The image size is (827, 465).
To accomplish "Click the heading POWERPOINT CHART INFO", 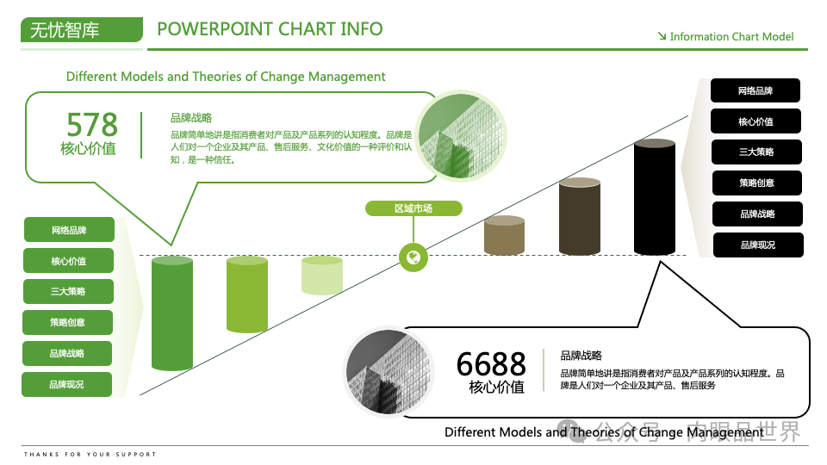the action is click(x=270, y=28).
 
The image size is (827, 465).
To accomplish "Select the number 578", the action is click(x=92, y=124).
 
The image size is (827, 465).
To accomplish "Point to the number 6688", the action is click(x=491, y=363).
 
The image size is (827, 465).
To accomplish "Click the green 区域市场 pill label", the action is click(x=413, y=208).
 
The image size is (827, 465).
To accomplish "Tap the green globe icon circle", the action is click(x=413, y=257).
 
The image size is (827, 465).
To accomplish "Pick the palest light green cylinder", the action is click(x=322, y=276).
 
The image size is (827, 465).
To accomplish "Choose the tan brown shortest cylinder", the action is click(x=504, y=235).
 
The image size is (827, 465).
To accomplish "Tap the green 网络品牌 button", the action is click(x=68, y=231).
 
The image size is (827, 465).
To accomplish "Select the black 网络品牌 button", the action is click(x=755, y=90).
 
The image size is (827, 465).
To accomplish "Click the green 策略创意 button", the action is click(x=68, y=323).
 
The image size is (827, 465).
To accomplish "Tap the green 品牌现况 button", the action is click(x=67, y=385).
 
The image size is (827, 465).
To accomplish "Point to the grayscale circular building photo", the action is click(x=387, y=370).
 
